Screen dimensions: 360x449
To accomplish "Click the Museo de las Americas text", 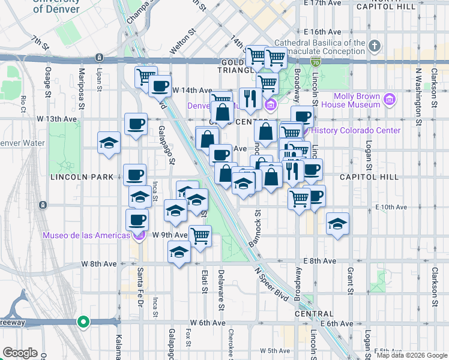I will [86, 235].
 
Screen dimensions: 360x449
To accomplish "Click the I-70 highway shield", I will [316, 61].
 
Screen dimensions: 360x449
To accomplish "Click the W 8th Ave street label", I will [100, 264].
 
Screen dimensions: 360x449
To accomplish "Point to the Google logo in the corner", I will [20, 353].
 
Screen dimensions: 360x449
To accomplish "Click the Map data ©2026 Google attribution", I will [412, 355].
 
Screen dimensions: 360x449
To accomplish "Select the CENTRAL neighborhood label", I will [313, 314].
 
